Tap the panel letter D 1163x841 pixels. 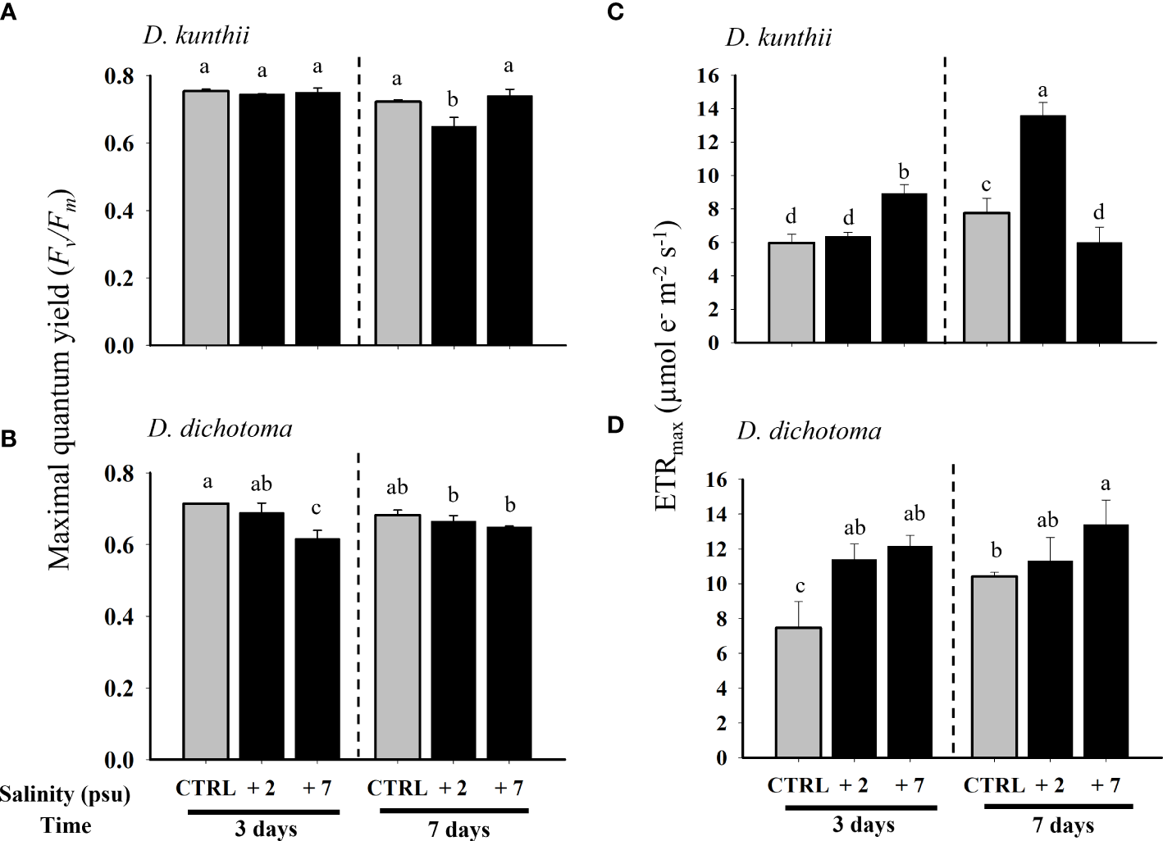637,425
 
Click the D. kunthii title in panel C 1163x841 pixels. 778,38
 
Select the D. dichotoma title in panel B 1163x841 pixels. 220,429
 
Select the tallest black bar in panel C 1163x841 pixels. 1042,229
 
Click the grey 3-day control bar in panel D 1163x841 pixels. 797,692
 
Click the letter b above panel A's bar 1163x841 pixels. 452,100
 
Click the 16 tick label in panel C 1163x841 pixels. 707,75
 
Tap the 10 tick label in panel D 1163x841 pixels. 714,584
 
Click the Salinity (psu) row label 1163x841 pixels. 66,793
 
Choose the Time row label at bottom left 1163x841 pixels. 67,825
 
